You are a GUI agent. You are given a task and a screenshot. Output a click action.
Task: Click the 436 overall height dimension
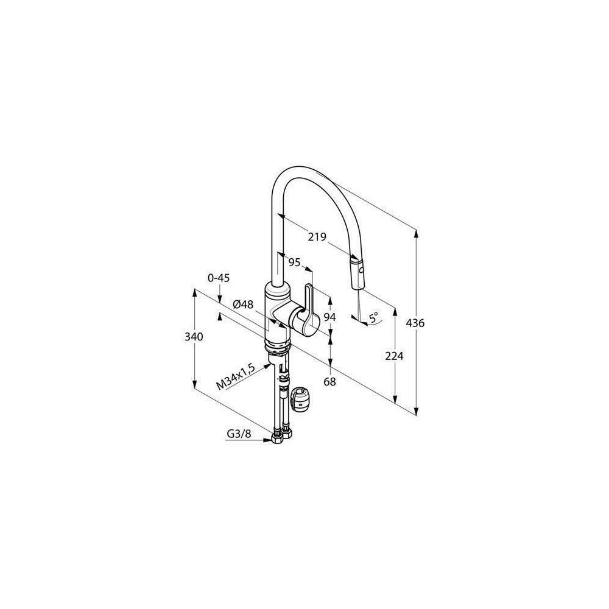(415, 323)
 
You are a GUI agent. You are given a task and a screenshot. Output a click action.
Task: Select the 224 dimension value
(394, 356)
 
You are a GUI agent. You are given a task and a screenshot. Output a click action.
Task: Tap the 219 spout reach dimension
(317, 236)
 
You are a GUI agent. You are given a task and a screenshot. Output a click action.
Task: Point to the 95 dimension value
(294, 263)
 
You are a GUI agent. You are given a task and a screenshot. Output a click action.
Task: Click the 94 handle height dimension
(329, 317)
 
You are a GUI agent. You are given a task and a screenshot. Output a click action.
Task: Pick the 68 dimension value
(329, 382)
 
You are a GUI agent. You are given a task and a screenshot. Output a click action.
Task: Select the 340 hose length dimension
(194, 336)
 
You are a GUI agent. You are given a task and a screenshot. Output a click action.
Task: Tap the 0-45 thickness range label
(219, 278)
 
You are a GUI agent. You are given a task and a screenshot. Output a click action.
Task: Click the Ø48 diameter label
(243, 305)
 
